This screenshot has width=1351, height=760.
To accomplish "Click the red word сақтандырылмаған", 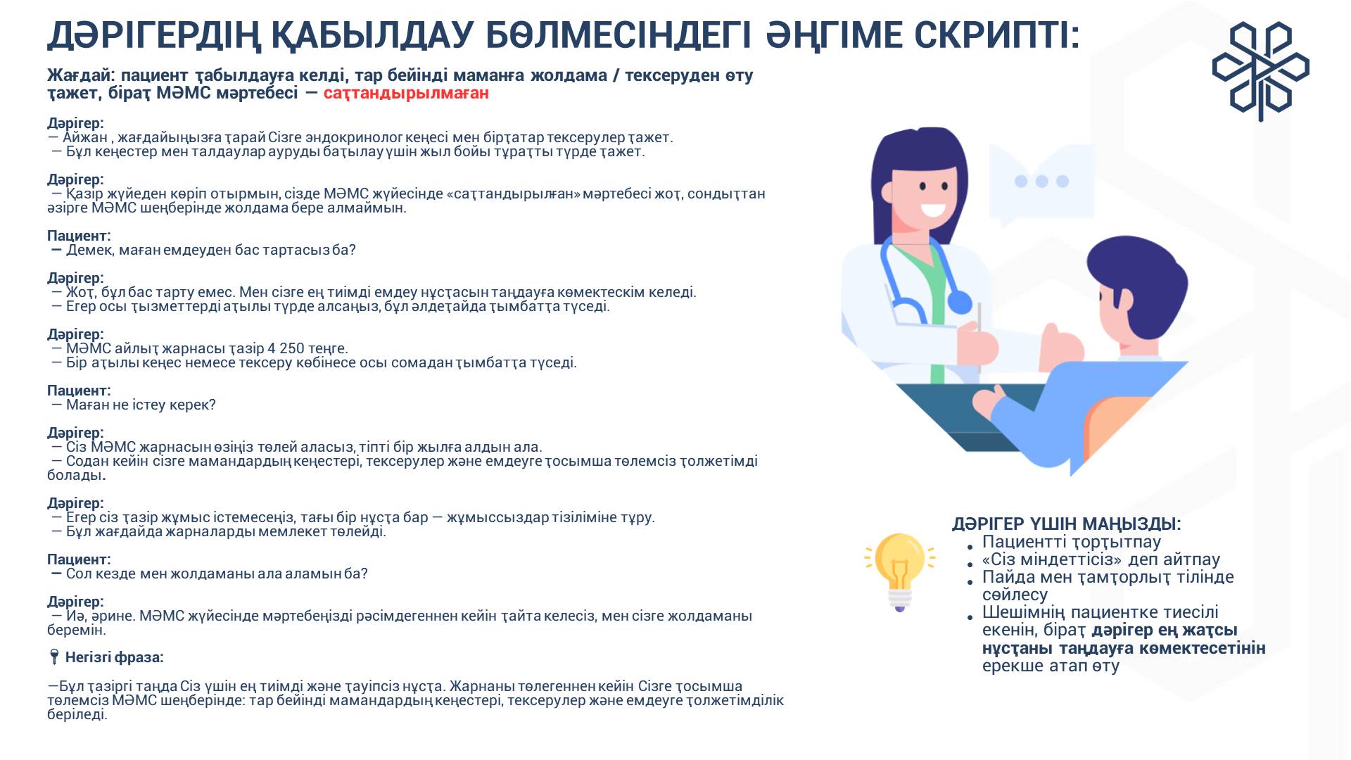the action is click(x=406, y=93).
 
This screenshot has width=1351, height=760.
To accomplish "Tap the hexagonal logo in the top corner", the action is click(x=1260, y=71).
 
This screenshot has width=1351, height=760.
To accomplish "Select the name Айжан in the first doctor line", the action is click(x=85, y=137).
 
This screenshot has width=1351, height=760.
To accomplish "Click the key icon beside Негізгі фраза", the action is click(x=53, y=657).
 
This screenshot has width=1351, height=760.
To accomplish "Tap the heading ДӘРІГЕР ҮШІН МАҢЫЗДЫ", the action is click(x=1066, y=524).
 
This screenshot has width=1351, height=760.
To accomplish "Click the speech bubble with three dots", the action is click(x=1041, y=183).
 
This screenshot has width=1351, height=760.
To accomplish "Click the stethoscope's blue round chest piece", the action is click(x=959, y=303).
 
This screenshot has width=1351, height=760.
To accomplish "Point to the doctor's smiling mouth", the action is click(x=934, y=210).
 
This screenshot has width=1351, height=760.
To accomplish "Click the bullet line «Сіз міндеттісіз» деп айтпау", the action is click(x=1101, y=559).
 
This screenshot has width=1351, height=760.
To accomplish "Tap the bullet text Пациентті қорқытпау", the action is click(x=1072, y=542).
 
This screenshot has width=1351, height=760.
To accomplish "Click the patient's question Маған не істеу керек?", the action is click(x=141, y=405).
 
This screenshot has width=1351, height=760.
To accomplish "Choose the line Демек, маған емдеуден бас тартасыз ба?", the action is click(x=211, y=250).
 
